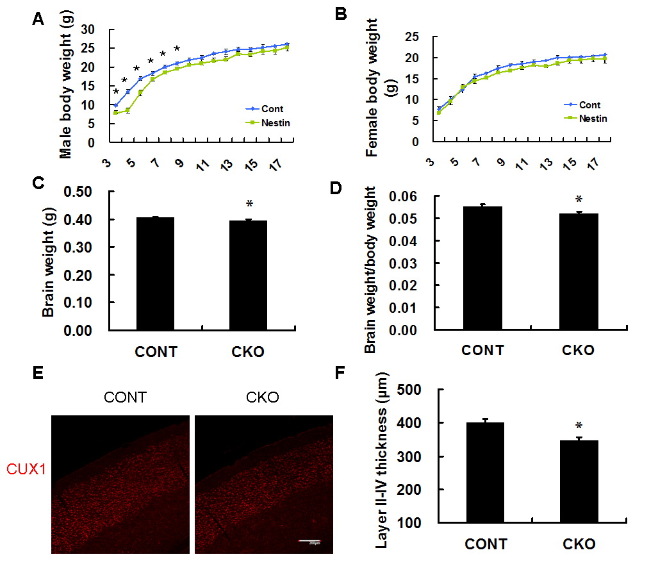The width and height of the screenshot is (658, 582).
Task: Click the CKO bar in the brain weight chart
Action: tap(247, 275)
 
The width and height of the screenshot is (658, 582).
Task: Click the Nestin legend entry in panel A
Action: tap(268, 122)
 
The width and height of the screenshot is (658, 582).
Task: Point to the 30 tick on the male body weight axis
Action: tap(97, 29)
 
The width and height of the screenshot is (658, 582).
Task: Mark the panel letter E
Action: tap(38, 374)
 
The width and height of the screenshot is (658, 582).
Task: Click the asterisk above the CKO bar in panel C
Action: tap(250, 204)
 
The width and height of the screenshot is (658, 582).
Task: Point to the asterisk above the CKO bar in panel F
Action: tap(579, 426)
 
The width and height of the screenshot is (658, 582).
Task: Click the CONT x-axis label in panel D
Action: tap(482, 350)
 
